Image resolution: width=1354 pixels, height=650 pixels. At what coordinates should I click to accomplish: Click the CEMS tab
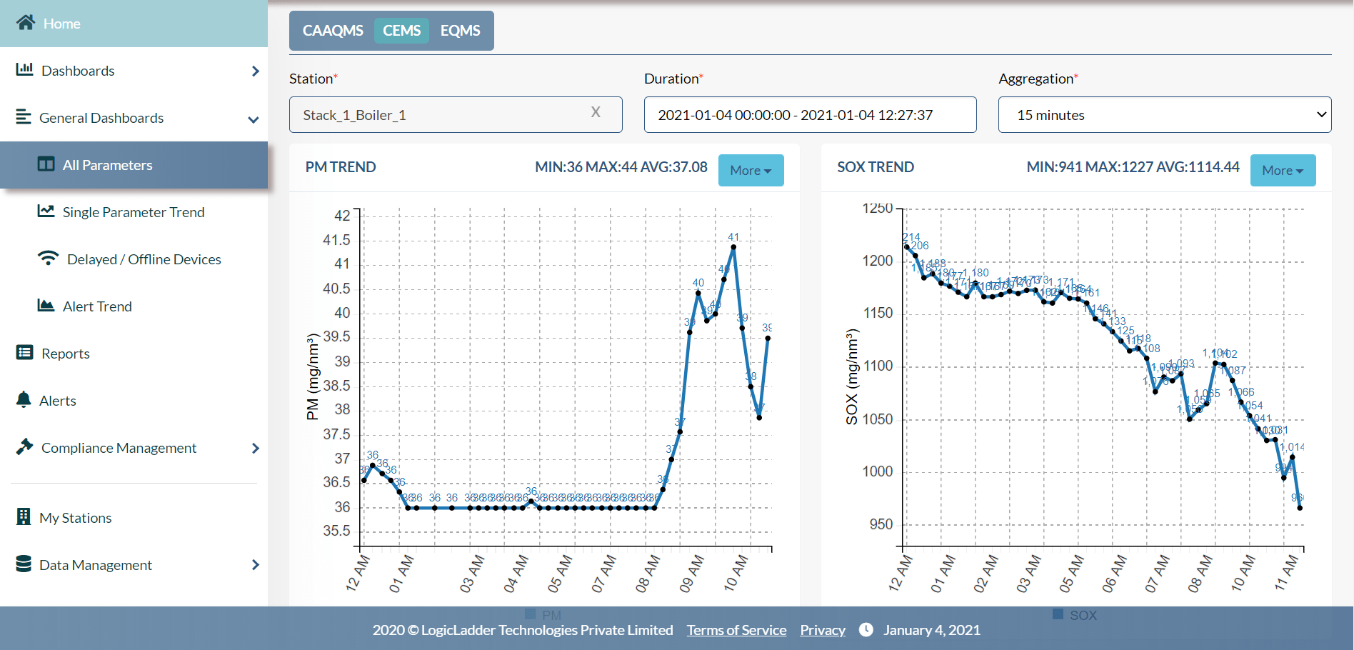click(401, 31)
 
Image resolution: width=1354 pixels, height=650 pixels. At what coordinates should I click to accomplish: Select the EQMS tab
click(460, 31)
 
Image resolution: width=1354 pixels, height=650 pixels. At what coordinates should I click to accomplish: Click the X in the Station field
click(596, 112)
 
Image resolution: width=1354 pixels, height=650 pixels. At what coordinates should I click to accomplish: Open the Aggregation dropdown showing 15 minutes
click(1164, 115)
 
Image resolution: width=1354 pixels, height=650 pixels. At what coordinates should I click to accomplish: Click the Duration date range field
click(810, 115)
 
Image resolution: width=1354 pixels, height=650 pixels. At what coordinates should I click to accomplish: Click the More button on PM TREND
click(751, 171)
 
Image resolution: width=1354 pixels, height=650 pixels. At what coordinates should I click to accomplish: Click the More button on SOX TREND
click(1283, 171)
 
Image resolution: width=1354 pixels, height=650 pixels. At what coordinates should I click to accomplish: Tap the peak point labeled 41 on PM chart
click(733, 247)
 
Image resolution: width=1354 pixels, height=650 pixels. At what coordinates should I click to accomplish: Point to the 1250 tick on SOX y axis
click(878, 209)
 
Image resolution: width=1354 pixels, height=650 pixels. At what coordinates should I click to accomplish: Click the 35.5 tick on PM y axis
click(336, 531)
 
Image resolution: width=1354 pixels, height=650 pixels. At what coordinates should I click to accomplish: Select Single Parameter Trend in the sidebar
click(134, 212)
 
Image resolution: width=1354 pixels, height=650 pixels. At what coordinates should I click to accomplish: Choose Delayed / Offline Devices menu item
click(144, 259)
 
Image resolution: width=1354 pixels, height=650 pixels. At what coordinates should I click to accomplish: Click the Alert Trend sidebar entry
click(97, 306)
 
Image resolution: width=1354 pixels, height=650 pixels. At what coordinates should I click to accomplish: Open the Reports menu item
click(65, 354)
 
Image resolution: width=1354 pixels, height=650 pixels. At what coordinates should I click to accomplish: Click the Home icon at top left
click(26, 23)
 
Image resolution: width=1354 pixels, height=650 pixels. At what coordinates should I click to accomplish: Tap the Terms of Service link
click(736, 630)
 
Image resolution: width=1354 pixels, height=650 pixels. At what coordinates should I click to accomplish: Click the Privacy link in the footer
click(822, 630)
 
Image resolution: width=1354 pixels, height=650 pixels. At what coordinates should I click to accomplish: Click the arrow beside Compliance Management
click(256, 448)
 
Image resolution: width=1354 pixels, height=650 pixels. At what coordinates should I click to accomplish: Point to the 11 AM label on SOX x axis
click(1287, 573)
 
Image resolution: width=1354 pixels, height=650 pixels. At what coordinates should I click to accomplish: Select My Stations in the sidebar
click(75, 518)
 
